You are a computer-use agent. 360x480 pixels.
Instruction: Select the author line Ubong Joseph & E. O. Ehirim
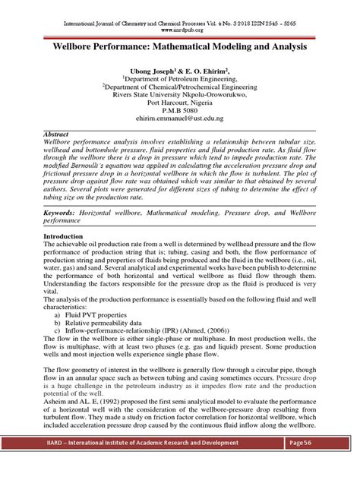[x=180, y=69]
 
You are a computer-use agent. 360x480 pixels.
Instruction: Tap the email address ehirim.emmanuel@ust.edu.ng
[x=180, y=118]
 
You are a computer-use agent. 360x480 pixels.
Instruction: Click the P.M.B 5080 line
[x=180, y=109]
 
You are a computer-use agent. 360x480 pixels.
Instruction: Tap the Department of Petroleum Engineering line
[x=180, y=77]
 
